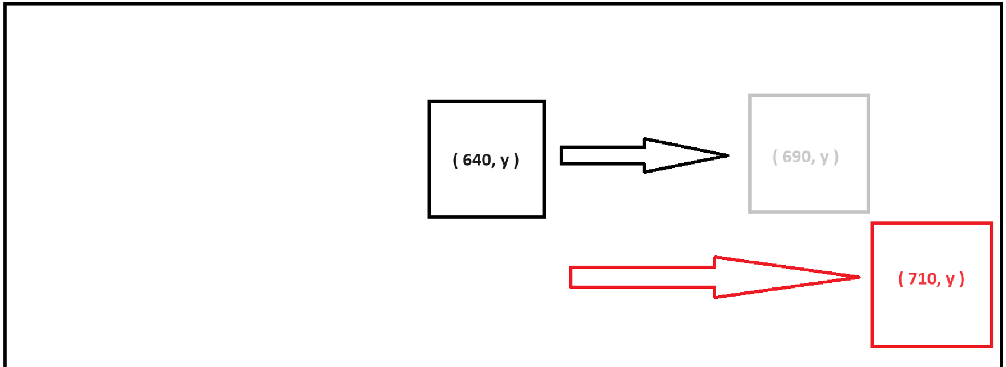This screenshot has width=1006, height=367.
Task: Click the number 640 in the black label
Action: (477, 160)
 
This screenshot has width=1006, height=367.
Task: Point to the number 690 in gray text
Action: (796, 157)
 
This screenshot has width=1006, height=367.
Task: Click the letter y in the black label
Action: (504, 161)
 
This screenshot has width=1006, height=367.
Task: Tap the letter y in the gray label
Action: (824, 158)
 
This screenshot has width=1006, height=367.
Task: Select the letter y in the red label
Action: (950, 280)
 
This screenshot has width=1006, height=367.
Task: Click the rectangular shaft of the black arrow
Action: (603, 156)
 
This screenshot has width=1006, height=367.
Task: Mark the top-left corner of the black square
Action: (430, 102)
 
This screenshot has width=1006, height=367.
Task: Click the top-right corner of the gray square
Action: (868, 96)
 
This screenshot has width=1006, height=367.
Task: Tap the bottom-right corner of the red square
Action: (992, 346)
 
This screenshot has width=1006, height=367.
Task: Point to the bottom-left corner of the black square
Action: (430, 216)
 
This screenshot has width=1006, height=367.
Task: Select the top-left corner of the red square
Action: (873, 224)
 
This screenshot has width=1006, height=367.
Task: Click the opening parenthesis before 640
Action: (455, 160)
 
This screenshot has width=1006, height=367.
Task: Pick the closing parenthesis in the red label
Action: (962, 278)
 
